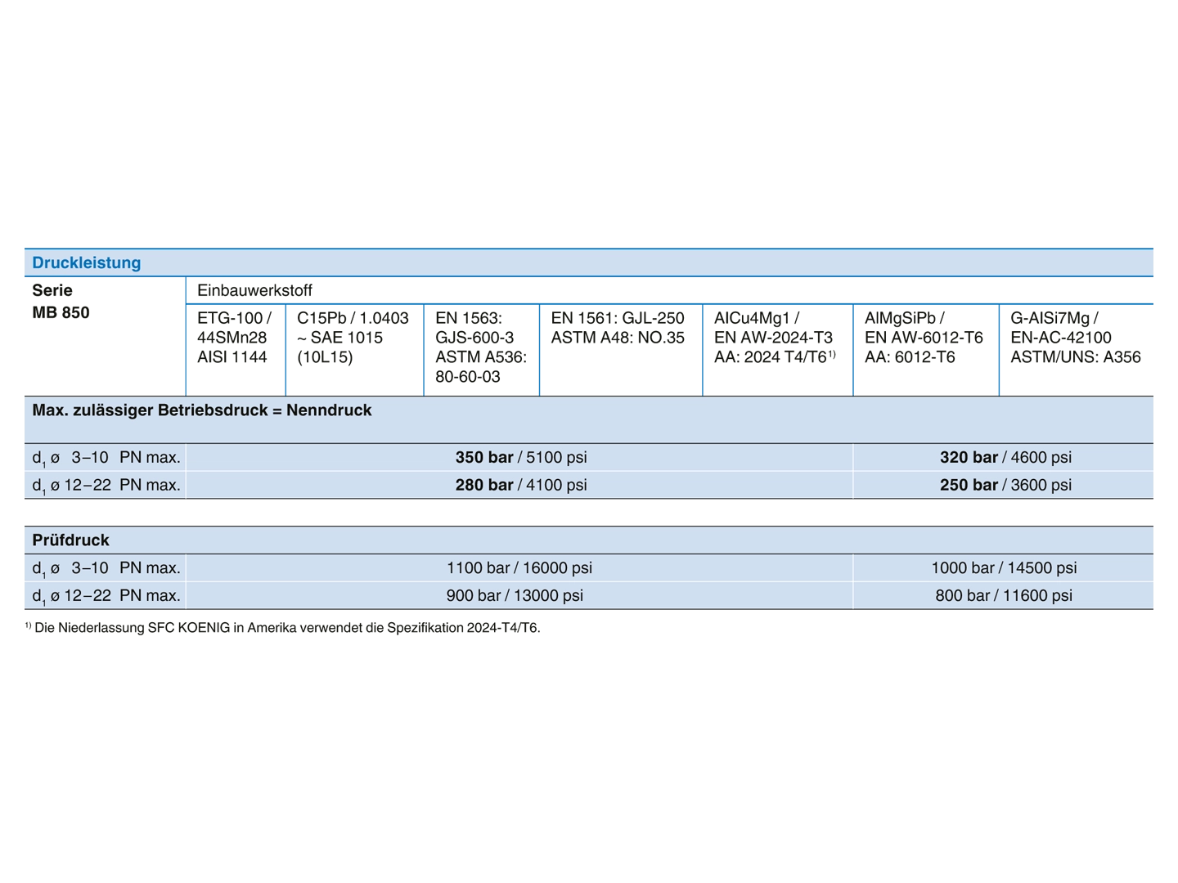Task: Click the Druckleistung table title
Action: coord(87,262)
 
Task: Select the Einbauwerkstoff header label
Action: coord(254,290)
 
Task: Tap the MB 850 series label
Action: coord(61,312)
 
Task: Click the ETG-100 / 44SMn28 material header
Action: coord(234,337)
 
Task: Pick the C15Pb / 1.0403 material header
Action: coord(353,337)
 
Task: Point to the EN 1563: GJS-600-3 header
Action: coord(481,347)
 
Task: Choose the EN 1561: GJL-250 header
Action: coord(617,328)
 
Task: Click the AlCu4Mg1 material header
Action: coord(775,337)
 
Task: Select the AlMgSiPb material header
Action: coord(923,337)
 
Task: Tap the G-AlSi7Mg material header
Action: coord(1075,337)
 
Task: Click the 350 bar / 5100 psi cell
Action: coord(520,457)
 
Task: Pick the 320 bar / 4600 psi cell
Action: coord(1005,457)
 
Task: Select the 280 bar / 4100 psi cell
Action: coord(520,485)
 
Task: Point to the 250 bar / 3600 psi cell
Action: coord(1005,485)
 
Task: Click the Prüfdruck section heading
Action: coord(70,540)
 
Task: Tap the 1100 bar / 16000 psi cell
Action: coord(519,567)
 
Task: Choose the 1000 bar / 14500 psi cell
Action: coord(1004,567)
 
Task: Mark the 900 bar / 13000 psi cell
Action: coord(514,596)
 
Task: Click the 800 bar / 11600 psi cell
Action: coord(1004,596)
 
